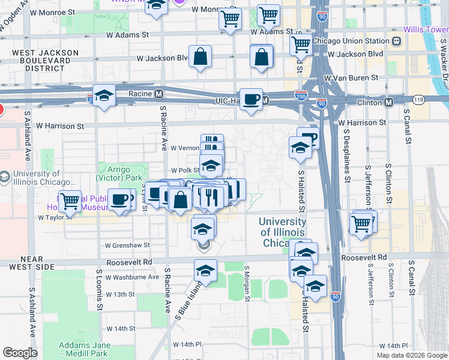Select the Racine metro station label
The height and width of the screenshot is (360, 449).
[142, 94]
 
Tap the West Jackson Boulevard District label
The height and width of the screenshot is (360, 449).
[45, 61]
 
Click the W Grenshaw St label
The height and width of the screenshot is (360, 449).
[127, 245]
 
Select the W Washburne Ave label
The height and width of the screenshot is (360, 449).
[132, 277]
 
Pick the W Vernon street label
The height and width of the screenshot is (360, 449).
[184, 148]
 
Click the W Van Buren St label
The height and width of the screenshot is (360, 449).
[351, 78]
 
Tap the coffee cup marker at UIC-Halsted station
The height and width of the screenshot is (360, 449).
[250, 98]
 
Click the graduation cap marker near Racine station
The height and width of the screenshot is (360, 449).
[104, 96]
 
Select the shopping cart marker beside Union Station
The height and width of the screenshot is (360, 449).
[300, 43]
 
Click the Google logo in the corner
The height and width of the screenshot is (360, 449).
[20, 352]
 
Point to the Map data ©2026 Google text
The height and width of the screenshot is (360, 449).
[411, 355]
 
